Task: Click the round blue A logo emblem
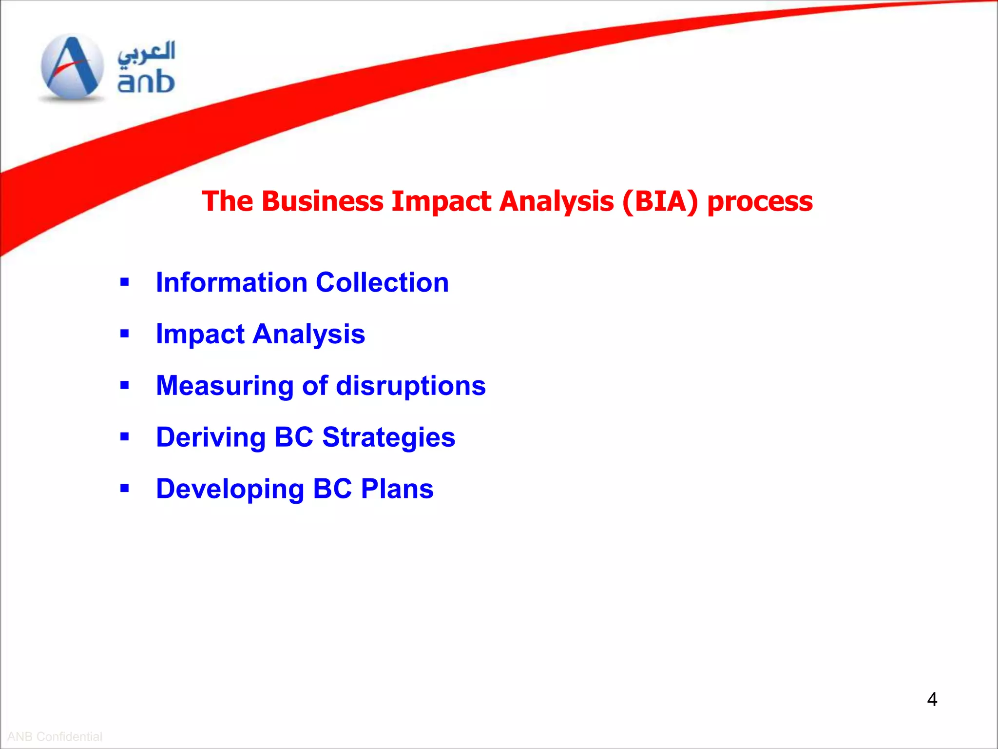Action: point(72,67)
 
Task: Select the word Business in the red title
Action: point(322,201)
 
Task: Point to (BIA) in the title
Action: point(660,201)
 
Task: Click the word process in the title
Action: point(760,202)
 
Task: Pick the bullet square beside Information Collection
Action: point(125,282)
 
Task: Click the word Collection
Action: point(382,282)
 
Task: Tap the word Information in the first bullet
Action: point(231,282)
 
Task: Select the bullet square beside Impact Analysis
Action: point(125,334)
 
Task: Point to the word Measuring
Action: point(225,386)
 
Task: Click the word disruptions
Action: point(411,386)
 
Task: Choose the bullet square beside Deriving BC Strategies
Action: point(125,437)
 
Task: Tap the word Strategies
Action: point(388,437)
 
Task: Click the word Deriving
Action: point(211,437)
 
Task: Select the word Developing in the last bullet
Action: point(230,489)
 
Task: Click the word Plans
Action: point(397,489)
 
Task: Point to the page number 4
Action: point(932,699)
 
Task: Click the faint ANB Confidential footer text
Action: point(55,736)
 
